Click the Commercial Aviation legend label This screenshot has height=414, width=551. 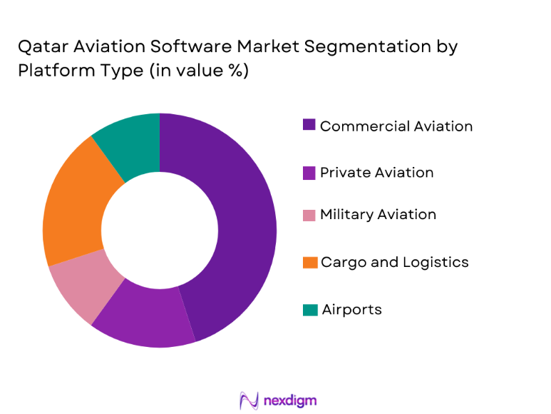point(396,126)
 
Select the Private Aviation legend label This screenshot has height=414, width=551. point(376,173)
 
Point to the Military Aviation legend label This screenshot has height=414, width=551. point(378,215)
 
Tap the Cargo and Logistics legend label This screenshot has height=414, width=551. point(394,263)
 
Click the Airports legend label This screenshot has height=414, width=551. point(351,310)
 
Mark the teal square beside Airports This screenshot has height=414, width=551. point(309,310)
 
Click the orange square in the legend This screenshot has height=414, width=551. point(309,263)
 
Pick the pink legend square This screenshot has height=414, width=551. point(309,215)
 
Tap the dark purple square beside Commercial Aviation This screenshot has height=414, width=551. point(309,125)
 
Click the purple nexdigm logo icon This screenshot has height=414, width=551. point(249,400)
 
